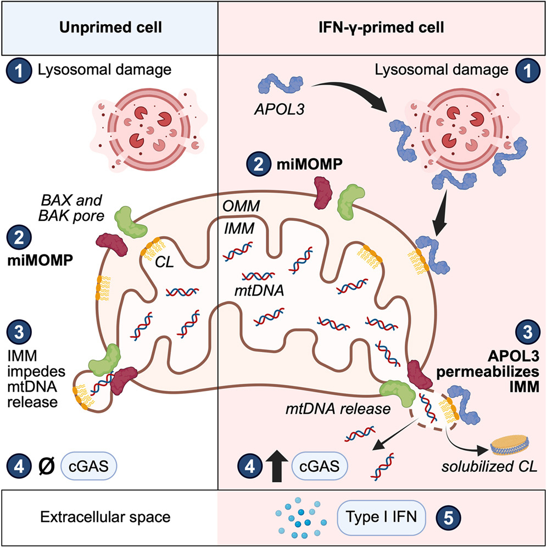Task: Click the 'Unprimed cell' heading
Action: click(x=109, y=27)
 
